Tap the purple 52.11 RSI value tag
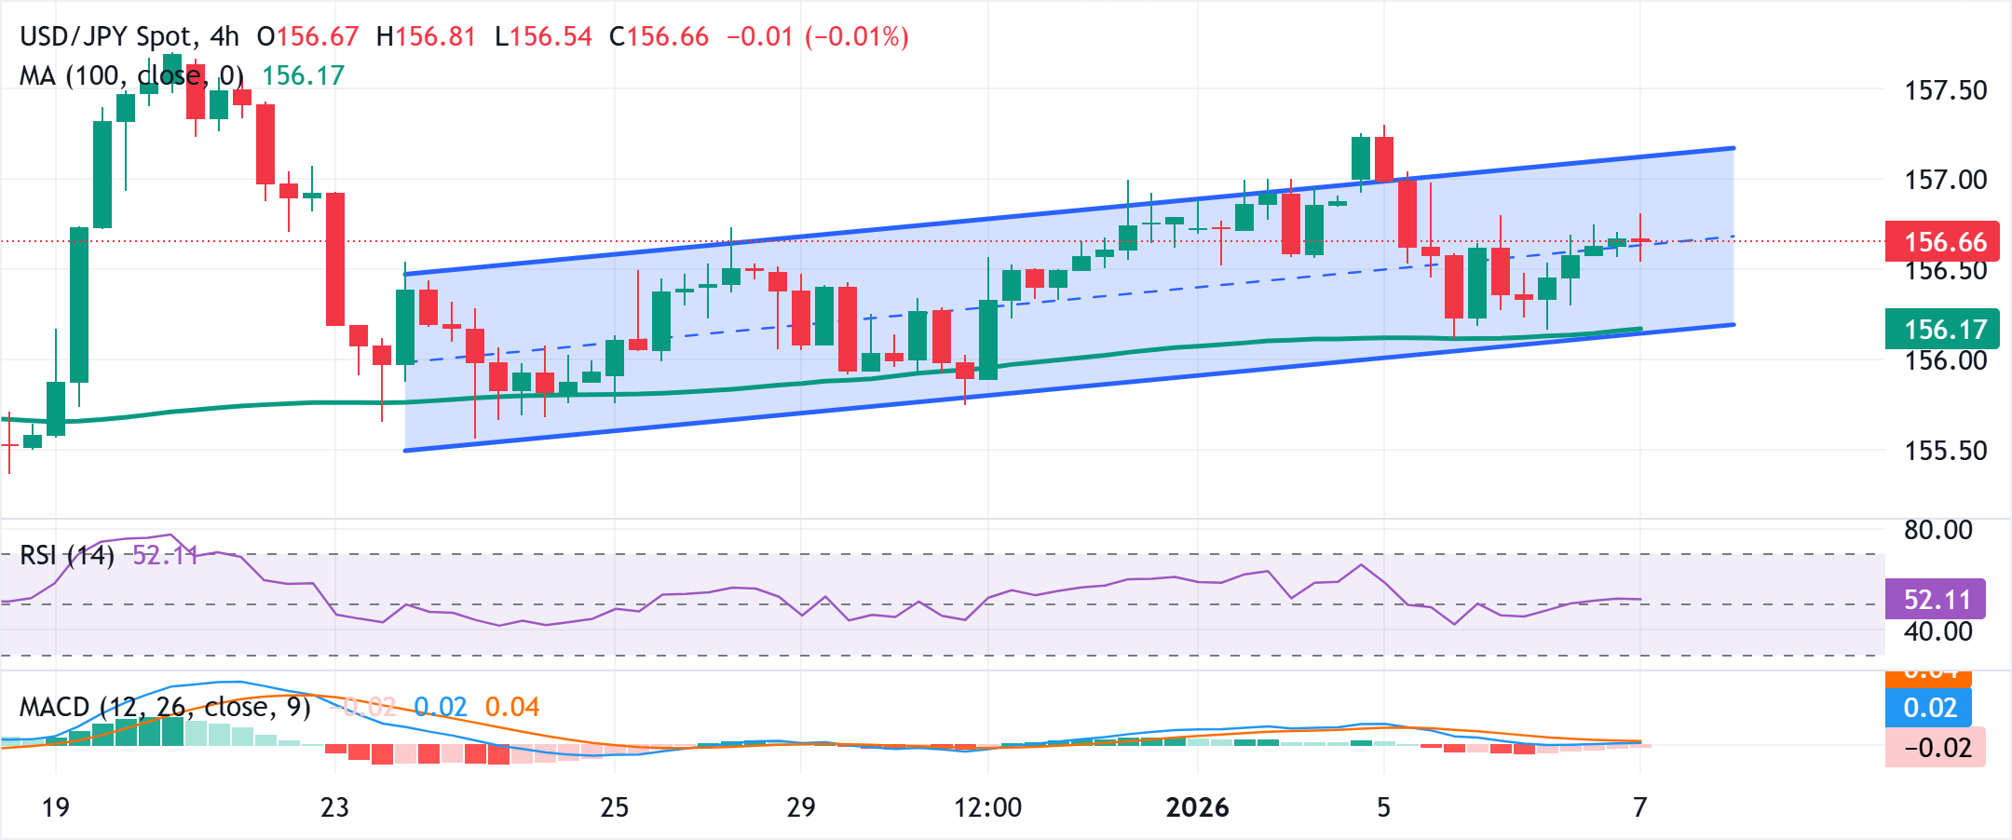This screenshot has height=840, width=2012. [x=1935, y=599]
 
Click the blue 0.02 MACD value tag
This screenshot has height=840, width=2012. [x=1928, y=708]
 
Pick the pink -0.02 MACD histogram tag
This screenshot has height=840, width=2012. [x=1935, y=748]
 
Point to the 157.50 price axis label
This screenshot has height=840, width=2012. [x=1945, y=91]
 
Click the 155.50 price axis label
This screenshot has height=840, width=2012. [x=1945, y=451]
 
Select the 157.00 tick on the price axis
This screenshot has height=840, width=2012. [x=1945, y=180]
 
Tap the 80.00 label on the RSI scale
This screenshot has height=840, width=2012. [x=1937, y=530]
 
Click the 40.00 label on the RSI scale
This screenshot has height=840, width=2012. [x=1937, y=631]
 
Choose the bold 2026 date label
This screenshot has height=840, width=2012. [x=1197, y=807]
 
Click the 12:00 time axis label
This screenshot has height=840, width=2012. [x=987, y=807]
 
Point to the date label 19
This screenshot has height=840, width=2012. [x=56, y=807]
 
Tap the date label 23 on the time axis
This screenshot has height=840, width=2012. [x=334, y=807]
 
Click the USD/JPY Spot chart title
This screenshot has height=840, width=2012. [x=108, y=37]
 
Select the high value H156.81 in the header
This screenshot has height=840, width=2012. [x=426, y=37]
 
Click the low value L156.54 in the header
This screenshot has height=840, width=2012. [x=543, y=37]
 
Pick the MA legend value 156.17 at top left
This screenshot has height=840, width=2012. [x=303, y=75]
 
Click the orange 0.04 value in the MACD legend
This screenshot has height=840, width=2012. [x=512, y=708]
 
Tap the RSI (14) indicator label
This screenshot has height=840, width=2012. [x=67, y=556]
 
